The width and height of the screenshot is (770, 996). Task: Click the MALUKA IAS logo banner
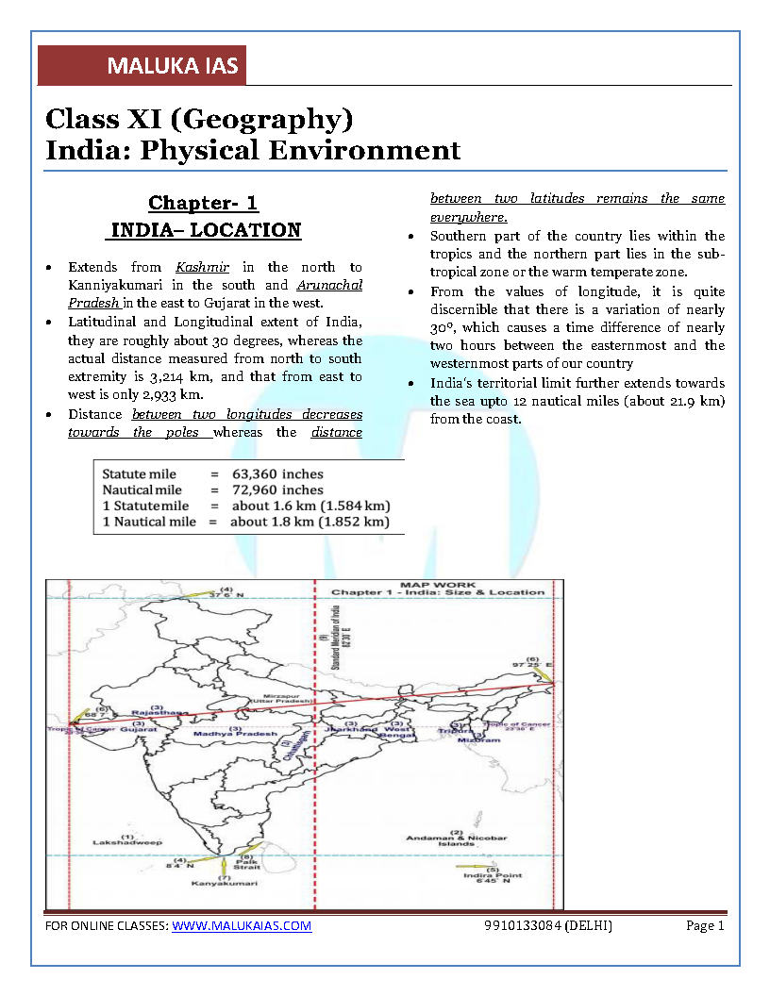[x=142, y=66]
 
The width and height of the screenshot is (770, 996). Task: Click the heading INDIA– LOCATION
[x=206, y=230]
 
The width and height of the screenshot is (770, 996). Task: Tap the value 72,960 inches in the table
[x=277, y=490]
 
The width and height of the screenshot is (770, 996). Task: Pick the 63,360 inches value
[x=277, y=473]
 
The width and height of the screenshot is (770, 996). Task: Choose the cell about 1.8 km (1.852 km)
[x=310, y=522]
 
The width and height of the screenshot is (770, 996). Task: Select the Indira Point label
[x=493, y=876]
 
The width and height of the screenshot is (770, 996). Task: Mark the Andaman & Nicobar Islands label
[x=457, y=839]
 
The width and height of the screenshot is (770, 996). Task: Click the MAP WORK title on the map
[x=437, y=585]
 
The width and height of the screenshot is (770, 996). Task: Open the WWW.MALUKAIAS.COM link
[x=242, y=926]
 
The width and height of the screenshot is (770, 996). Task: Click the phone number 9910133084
[x=521, y=926]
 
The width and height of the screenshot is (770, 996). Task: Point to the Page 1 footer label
[x=705, y=926]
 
